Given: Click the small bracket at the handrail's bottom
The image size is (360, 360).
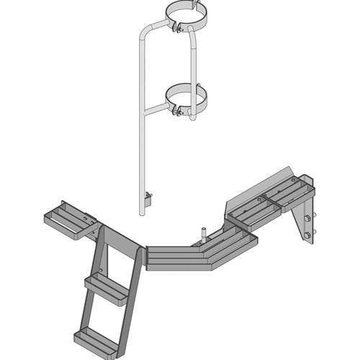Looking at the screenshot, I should coord(148,201).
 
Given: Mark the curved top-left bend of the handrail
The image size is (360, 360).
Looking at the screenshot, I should coord(143,32).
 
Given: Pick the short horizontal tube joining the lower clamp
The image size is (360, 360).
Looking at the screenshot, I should coord(156,109).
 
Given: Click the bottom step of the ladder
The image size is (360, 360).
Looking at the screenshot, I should coord(94,338).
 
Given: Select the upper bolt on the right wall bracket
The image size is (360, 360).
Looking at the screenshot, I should coord(307,217).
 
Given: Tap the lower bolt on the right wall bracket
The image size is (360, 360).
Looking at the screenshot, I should coord(307,234).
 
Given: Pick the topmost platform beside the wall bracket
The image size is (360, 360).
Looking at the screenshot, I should coord(287,191).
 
